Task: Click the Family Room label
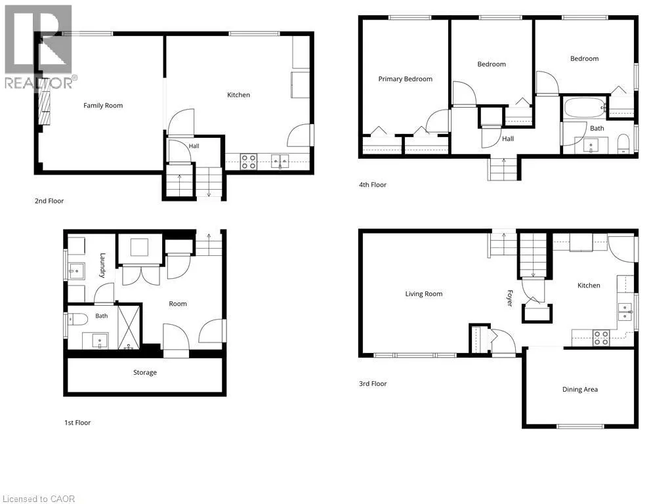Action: tap(103, 106)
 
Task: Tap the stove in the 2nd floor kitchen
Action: tap(249, 162)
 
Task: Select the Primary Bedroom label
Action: tap(405, 79)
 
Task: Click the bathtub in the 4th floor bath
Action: tap(584, 108)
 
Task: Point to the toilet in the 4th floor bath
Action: tap(623, 144)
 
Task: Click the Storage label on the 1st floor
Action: tap(145, 373)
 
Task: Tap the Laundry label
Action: tap(102, 265)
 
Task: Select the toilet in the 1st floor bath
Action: tap(78, 319)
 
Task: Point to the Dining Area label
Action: tap(580, 390)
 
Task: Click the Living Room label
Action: tap(424, 294)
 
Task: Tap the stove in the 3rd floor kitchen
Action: tap(601, 338)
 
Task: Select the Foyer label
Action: tap(509, 299)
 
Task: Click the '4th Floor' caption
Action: tap(373, 184)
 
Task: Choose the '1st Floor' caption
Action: tap(77, 423)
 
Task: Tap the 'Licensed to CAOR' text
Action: tap(39, 499)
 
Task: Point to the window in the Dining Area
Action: tap(580, 426)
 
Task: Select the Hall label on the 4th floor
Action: tap(508, 139)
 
